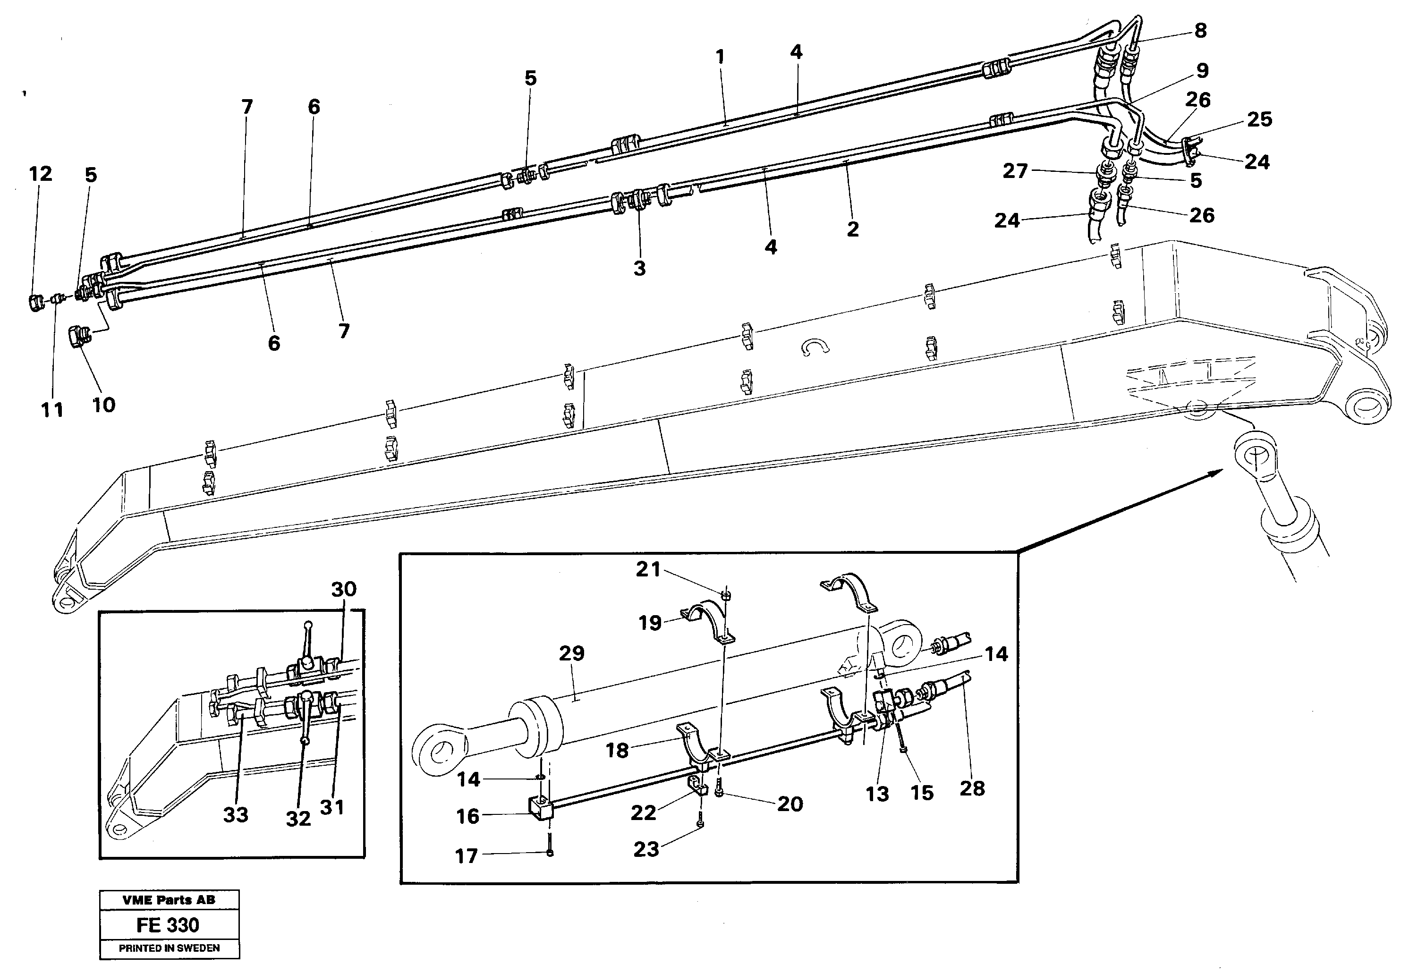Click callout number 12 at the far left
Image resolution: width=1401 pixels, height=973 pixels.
(41, 174)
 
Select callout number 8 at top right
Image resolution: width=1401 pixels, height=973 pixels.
(1200, 31)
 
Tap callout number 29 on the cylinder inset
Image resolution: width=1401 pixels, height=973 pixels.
(571, 653)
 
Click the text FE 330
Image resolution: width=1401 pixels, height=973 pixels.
(168, 925)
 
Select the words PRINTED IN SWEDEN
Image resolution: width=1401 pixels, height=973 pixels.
(169, 948)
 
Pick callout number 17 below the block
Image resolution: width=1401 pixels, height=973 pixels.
(467, 856)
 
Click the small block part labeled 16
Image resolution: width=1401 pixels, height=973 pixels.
(540, 810)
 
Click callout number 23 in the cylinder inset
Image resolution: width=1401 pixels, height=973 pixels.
(645, 849)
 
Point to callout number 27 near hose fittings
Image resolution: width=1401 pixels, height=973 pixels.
(1015, 171)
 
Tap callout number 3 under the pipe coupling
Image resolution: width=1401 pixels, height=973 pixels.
(639, 268)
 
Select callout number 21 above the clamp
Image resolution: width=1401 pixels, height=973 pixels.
(648, 569)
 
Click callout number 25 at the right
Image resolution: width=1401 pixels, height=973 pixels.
(1259, 119)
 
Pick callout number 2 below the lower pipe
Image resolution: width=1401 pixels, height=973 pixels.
(852, 229)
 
